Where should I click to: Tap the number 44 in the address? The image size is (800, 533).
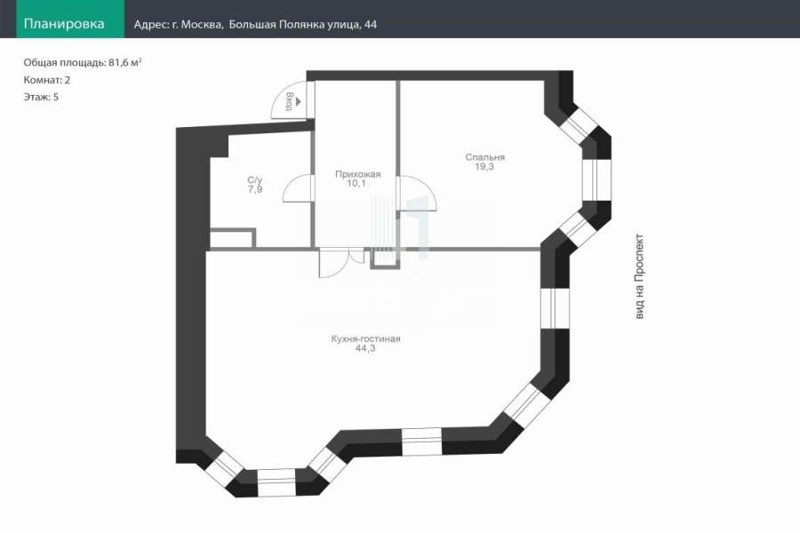(371, 25)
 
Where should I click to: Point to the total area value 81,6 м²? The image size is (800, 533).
(125, 62)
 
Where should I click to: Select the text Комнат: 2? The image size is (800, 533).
(47, 80)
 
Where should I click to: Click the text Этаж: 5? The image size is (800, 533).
(41, 97)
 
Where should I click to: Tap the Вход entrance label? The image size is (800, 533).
(288, 101)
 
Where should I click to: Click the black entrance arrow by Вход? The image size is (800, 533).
(298, 102)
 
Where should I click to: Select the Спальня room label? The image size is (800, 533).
(484, 157)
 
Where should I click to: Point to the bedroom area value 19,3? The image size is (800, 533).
(484, 167)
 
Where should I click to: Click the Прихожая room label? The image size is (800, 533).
(357, 174)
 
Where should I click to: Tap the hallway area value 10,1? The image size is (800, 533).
(356, 183)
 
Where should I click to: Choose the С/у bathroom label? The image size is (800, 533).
(254, 180)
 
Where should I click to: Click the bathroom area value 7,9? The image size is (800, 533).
(255, 189)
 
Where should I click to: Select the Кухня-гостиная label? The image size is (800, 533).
(365, 338)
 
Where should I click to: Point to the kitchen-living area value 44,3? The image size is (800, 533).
(365, 348)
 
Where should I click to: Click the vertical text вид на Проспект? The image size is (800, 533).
(639, 277)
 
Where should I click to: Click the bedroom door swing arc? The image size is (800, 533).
(428, 184)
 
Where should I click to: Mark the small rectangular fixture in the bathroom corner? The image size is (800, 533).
(233, 238)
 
